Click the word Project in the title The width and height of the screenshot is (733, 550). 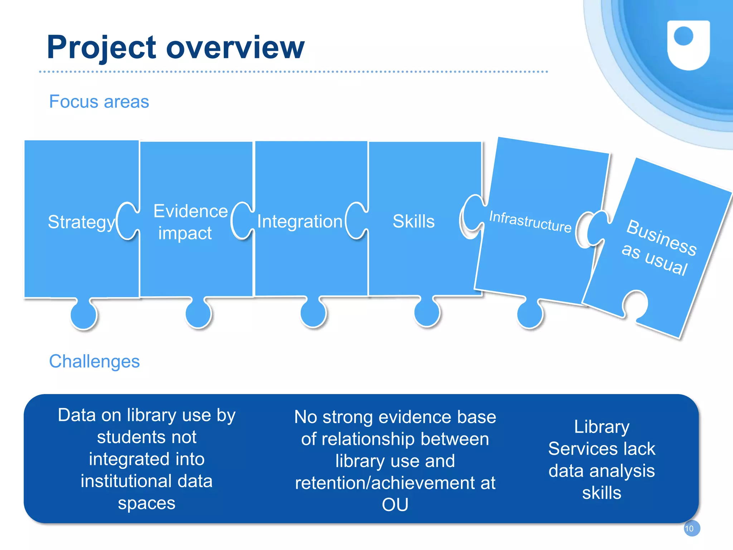coord(101,48)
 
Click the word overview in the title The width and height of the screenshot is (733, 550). coord(235,48)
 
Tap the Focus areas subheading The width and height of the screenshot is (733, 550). coord(99,102)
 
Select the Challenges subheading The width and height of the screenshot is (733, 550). coord(94,361)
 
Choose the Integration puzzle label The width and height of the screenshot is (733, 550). coord(300,222)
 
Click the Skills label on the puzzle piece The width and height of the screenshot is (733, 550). coord(413,221)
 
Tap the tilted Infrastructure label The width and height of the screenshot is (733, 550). coord(530,222)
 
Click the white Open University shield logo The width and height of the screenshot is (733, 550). coord(688,45)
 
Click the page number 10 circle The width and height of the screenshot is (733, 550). coord(691,528)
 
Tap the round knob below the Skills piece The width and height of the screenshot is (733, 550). coord(427,312)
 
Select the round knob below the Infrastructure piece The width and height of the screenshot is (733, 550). coord(530,314)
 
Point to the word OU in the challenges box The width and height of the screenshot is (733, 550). coord(395,505)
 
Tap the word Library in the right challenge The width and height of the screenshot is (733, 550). coord(601,427)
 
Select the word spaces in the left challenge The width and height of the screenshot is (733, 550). coord(146,503)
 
